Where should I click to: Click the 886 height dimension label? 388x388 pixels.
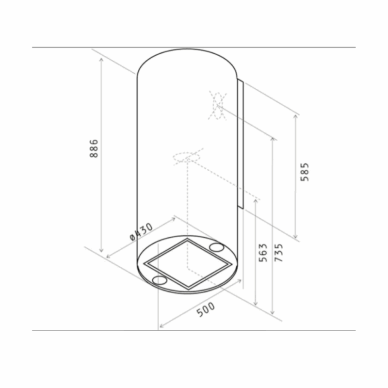coord(94,148)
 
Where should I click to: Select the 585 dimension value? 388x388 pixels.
coord(304,172)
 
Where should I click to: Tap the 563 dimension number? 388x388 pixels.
coord(262,253)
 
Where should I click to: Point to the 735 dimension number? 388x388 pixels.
coord(278,253)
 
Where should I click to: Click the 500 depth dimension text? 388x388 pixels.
coord(206,309)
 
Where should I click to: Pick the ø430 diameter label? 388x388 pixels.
coord(142,232)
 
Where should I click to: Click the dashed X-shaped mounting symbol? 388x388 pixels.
coord(217,105)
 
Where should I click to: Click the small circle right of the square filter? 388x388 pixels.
coord(217,248)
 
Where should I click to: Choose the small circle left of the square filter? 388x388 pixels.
coord(158,280)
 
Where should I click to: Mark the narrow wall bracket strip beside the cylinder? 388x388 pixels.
coord(240,145)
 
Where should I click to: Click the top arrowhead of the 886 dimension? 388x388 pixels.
coord(101,58)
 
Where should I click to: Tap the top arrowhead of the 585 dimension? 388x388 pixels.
coord(295,116)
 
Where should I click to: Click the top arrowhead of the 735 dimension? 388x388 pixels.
coord(273,140)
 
